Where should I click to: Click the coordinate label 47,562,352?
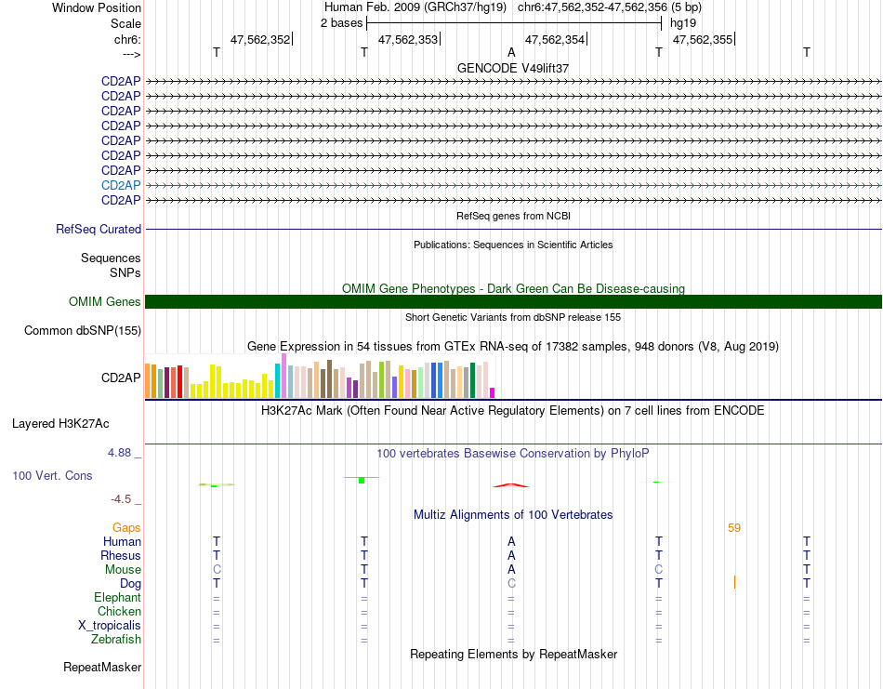tap(260, 39)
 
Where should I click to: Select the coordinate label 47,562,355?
tap(702, 39)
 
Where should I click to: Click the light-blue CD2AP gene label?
tap(121, 186)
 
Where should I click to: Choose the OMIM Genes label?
tap(104, 301)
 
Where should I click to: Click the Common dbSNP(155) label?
tap(83, 330)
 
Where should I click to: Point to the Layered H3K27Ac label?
tap(60, 424)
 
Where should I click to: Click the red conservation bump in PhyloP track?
tap(511, 484)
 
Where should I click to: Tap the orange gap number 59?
tap(734, 528)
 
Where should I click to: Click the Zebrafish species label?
tap(115, 640)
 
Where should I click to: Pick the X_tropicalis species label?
tap(110, 626)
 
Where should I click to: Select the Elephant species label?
tap(117, 598)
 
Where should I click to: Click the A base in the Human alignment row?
tap(511, 541)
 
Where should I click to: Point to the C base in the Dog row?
tap(511, 583)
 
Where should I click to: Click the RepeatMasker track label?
tap(102, 668)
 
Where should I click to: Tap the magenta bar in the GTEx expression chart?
tap(493, 391)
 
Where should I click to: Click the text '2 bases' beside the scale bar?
tap(341, 23)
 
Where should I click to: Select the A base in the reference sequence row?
tap(511, 53)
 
